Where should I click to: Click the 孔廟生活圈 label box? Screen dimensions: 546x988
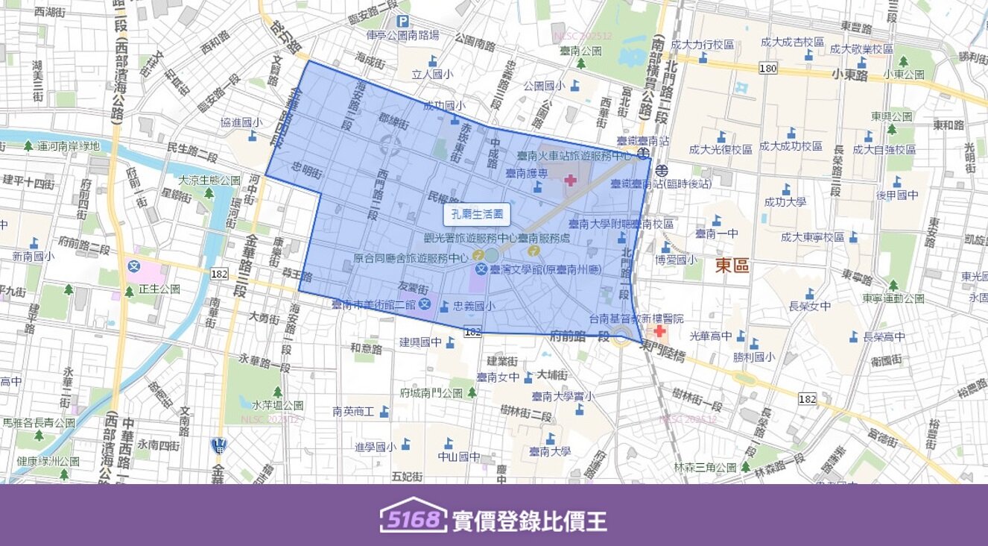tap(477, 215)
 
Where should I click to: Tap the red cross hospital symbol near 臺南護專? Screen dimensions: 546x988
tap(570, 180)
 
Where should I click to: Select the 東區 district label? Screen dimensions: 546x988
tap(732, 266)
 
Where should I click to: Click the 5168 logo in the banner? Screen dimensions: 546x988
tap(413, 515)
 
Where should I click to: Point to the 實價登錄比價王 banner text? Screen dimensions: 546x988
tap(529, 521)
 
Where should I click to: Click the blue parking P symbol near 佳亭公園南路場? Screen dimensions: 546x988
tap(402, 22)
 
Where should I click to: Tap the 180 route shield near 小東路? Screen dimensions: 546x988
tap(767, 69)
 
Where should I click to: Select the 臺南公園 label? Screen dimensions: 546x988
tap(581, 51)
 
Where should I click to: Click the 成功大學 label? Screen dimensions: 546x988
tap(785, 201)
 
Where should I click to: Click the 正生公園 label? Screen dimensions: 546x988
tap(159, 289)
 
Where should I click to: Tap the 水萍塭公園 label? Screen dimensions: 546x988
tap(277, 405)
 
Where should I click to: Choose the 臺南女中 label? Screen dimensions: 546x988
tap(498, 377)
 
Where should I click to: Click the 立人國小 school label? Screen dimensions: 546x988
tap(432, 74)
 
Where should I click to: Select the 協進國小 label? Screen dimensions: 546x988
tap(241, 122)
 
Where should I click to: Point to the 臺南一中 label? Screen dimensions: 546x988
tap(716, 233)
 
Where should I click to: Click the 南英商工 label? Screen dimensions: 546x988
tap(353, 411)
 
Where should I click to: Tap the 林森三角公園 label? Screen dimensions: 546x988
tap(705, 467)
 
